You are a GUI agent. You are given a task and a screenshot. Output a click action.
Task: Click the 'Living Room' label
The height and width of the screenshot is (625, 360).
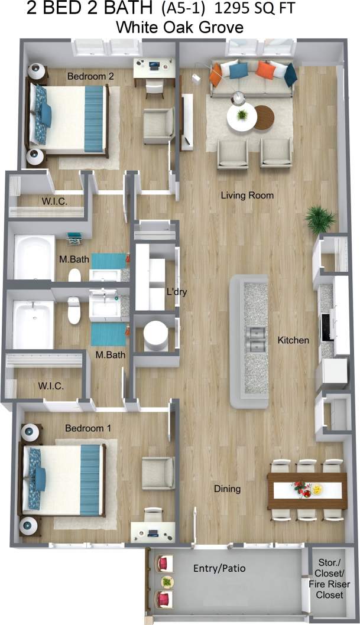(x=247, y=195)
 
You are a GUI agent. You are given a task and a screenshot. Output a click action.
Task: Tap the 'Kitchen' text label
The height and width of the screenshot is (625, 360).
(x=293, y=340)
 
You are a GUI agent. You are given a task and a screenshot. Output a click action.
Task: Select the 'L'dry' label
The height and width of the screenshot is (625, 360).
(x=177, y=291)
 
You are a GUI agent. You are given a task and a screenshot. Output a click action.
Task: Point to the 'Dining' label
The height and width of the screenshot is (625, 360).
(x=227, y=489)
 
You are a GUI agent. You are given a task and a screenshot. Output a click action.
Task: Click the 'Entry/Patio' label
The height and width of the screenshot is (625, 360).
(x=219, y=568)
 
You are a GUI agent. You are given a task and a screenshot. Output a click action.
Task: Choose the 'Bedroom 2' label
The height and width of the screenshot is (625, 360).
(x=90, y=76)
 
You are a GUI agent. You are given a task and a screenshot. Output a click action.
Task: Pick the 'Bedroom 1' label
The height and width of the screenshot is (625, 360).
(x=87, y=427)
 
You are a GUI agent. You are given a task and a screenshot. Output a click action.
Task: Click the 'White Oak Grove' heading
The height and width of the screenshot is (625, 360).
(x=180, y=27)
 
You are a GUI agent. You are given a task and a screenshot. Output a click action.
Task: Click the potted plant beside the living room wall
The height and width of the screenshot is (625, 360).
(x=320, y=220)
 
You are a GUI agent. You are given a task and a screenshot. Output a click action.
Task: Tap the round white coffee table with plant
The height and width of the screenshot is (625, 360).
(x=241, y=116)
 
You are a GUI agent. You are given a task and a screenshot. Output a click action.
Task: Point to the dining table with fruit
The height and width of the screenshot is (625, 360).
(x=307, y=489)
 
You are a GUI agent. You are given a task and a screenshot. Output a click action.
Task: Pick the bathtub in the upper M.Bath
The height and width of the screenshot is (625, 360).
(x=34, y=258)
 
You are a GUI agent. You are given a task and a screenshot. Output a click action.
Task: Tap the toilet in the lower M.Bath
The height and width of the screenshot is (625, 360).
(x=74, y=310)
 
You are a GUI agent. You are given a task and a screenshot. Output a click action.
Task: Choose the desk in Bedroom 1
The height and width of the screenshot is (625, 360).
(x=153, y=530)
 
